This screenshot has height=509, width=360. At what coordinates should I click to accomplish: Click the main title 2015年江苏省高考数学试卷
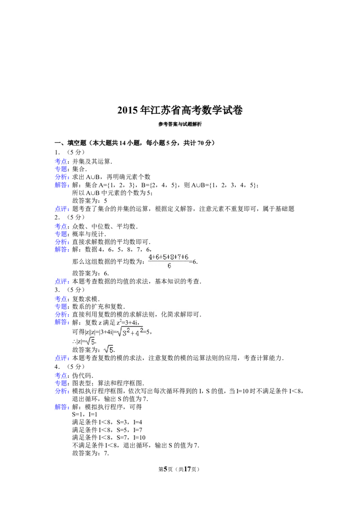click(180, 110)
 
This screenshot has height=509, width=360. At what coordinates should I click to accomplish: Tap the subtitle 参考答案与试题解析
click(180, 125)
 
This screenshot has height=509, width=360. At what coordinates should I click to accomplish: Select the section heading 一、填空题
click(71, 143)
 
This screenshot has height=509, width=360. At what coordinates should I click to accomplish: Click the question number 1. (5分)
click(70, 152)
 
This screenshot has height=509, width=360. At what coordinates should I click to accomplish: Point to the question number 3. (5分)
click(70, 290)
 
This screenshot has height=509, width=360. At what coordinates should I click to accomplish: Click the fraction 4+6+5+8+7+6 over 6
click(169, 261)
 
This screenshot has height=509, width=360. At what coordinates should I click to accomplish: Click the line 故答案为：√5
click(94, 350)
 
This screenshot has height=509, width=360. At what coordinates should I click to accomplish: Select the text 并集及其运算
click(92, 161)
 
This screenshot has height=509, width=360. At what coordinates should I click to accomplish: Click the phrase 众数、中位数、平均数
click(105, 226)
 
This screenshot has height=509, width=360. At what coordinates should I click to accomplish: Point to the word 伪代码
click(82, 375)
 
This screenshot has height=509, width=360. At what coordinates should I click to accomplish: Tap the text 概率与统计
click(89, 234)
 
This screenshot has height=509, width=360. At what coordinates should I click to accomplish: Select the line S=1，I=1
click(85, 415)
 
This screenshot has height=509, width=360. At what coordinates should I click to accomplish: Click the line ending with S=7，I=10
click(109, 438)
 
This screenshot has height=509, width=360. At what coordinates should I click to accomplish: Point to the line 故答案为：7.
click(90, 453)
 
